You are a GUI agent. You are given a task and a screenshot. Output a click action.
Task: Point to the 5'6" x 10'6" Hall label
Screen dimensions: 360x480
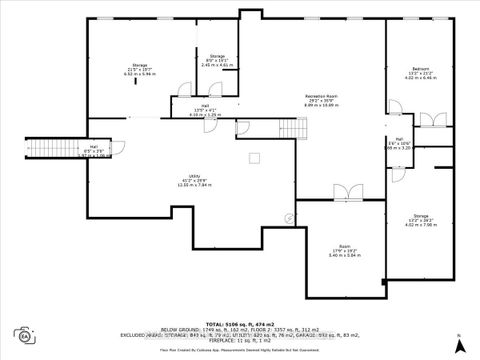click(x=399, y=143)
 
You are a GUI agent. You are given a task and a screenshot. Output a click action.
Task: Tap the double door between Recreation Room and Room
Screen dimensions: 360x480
click(x=343, y=191)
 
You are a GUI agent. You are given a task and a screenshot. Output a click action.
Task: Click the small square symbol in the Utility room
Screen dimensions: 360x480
click(x=255, y=156)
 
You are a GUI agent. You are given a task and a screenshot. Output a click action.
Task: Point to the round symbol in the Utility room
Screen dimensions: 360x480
click(x=288, y=216)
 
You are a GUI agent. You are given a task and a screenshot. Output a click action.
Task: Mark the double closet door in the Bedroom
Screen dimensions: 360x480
click(x=427, y=120)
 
